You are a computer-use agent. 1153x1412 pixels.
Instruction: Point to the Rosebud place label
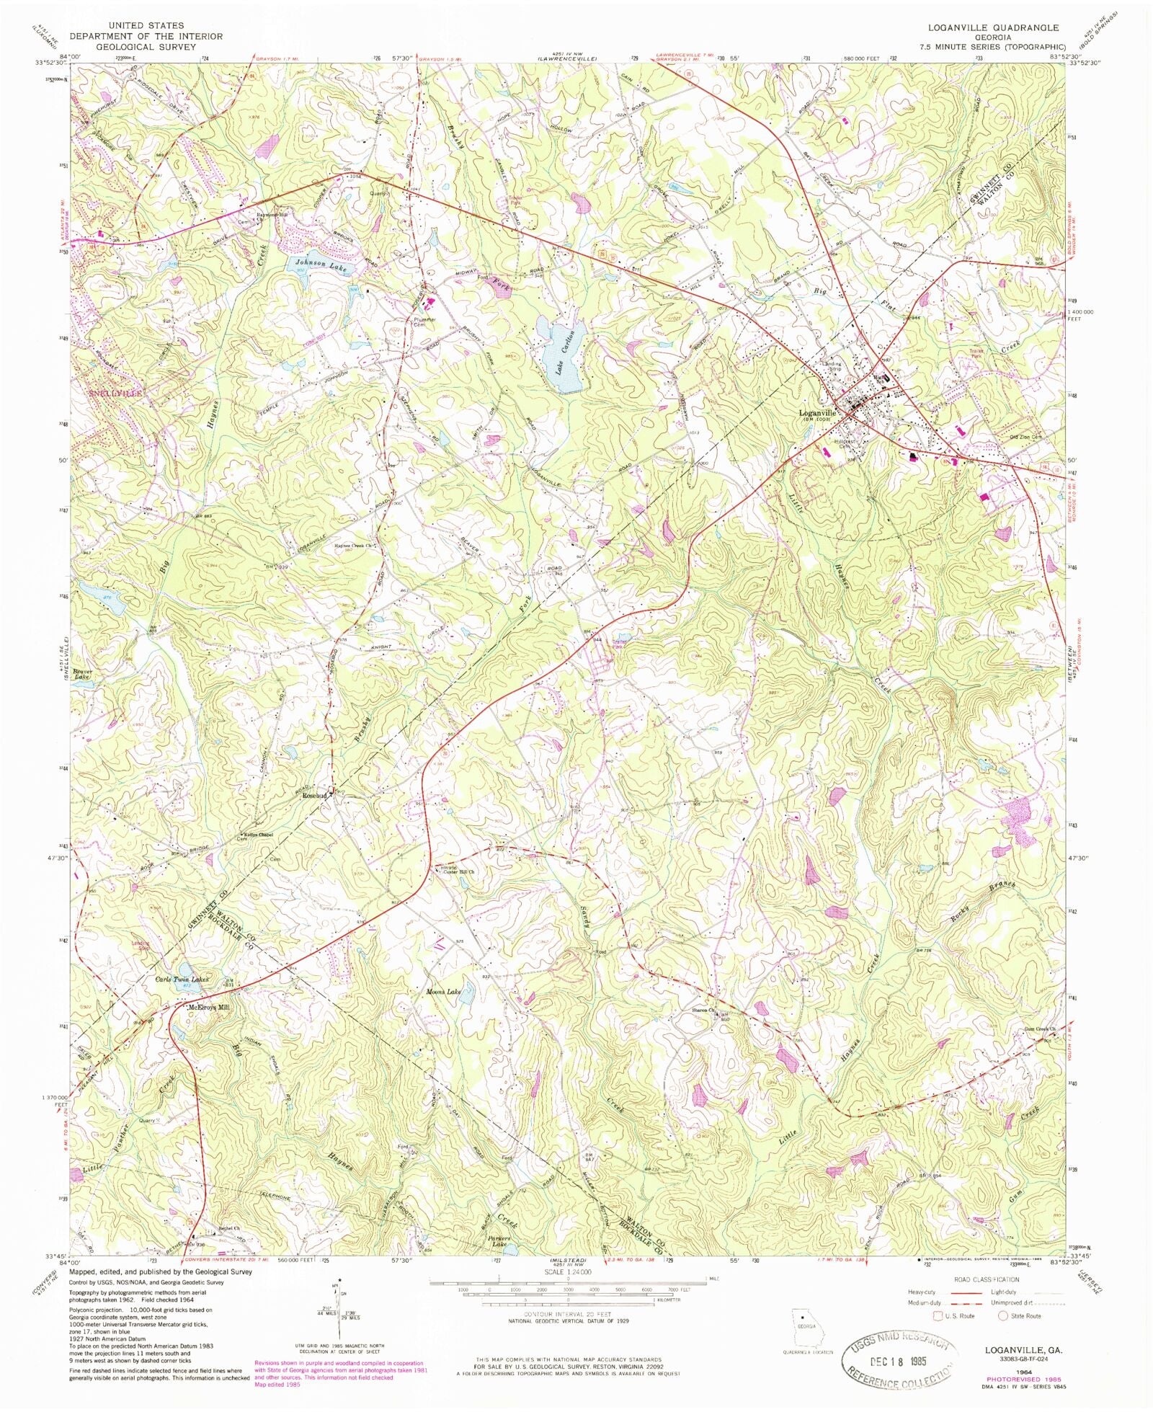tap(314, 795)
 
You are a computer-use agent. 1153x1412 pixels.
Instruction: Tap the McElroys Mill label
tap(208, 1008)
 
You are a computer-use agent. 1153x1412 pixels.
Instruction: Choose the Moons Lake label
tap(443, 993)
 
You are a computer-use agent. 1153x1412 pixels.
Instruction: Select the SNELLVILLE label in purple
tap(115, 395)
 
